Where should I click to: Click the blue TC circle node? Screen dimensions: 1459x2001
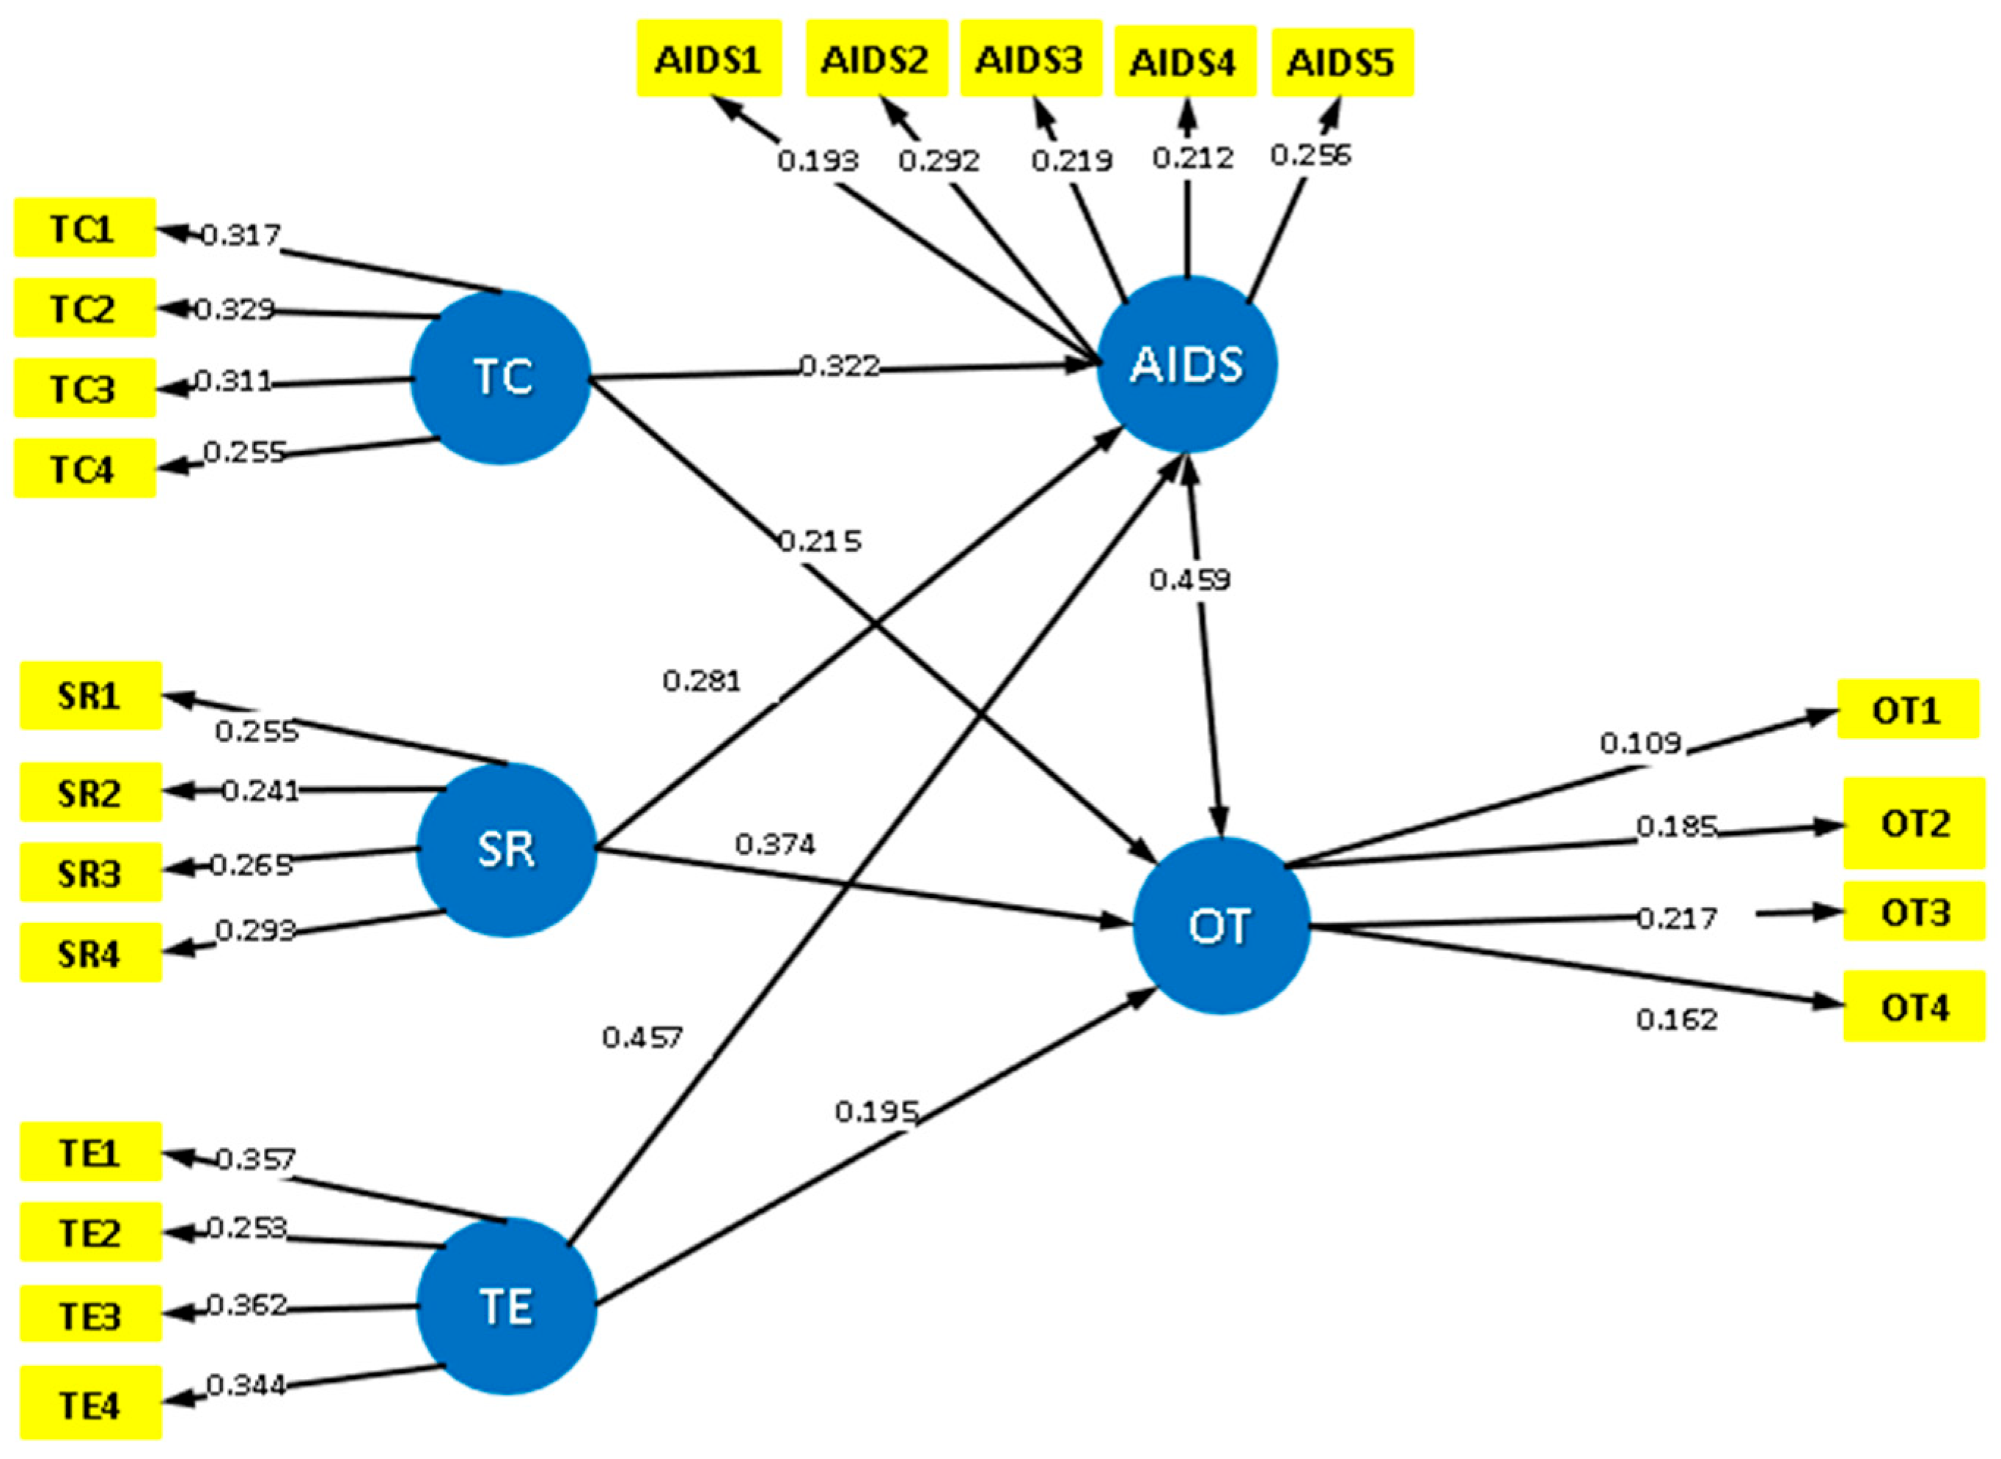501,377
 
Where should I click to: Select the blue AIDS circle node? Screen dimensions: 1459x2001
1187,365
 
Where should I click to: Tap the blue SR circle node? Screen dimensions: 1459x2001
506,850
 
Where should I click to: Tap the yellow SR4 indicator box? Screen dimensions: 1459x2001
91,953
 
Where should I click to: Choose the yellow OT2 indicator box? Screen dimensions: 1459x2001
1914,823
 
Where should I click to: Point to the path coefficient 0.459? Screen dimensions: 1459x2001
1189,579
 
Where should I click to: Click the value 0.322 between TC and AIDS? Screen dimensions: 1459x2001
839,366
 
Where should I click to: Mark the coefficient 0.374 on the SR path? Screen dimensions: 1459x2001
774,845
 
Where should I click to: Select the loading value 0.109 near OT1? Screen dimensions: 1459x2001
1640,743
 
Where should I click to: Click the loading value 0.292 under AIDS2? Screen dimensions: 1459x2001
939,161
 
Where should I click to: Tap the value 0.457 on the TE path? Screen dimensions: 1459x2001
642,1037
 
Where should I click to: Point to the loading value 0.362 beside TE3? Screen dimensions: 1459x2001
246,1304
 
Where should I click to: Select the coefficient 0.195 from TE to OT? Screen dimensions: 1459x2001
876,1111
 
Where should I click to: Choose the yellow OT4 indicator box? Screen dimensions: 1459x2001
1914,1007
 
